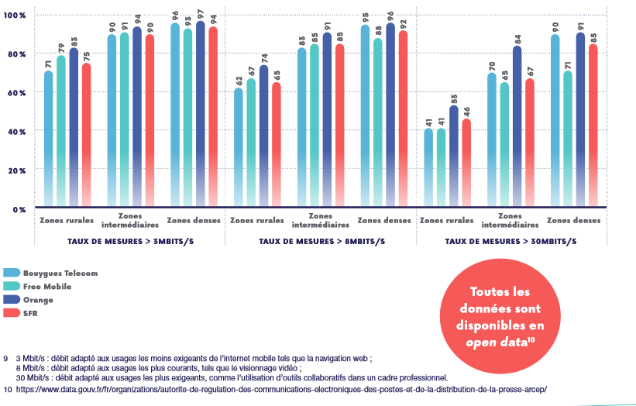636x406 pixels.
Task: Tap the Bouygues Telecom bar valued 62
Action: coord(238,147)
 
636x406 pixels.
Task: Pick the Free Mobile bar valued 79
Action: coord(61,132)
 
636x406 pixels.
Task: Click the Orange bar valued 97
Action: coord(200,115)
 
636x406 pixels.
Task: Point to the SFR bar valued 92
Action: coord(402,119)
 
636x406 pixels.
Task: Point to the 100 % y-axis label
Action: coord(15,15)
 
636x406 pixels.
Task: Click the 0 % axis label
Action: coord(19,209)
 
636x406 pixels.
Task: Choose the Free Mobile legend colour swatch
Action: coord(12,286)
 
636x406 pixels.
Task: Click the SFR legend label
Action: coord(30,312)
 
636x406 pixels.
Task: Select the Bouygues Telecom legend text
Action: coord(60,273)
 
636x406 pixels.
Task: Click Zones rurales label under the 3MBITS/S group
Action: coord(61,220)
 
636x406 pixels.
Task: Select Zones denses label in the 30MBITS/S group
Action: coord(574,220)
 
